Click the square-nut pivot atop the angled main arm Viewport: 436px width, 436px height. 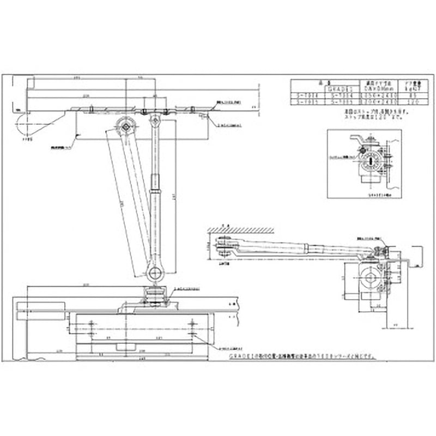125,126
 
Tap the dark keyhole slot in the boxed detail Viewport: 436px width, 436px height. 370,161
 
